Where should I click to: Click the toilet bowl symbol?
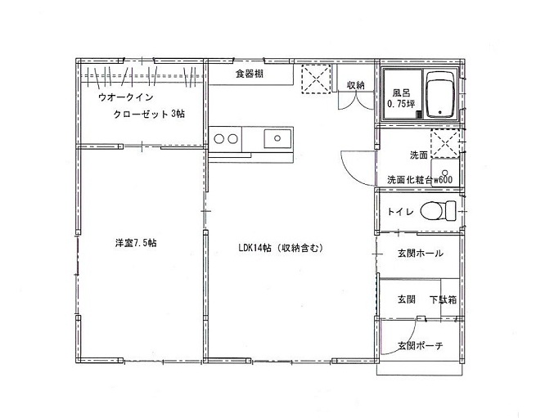tap(438, 211)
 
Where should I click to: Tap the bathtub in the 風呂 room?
tap(440, 94)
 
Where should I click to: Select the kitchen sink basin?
tap(277, 138)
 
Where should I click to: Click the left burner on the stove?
tap(219, 139)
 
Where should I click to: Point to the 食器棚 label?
tap(250, 73)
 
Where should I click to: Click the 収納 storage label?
tap(356, 85)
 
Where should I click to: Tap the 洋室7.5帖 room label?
tap(136, 243)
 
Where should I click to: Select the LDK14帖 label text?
tap(254, 248)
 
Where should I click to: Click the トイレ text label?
tap(400, 212)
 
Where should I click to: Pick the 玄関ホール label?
tap(420, 254)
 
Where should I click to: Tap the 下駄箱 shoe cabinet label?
tap(443, 299)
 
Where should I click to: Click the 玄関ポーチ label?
tap(420, 345)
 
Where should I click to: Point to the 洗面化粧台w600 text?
tap(420, 180)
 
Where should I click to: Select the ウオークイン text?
tap(125, 97)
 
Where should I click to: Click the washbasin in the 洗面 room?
tap(444, 173)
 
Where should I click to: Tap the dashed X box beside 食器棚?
tap(316, 79)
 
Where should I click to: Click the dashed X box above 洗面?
tap(444, 143)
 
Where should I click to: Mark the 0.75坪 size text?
tap(401, 104)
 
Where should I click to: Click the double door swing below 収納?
tap(356, 101)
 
